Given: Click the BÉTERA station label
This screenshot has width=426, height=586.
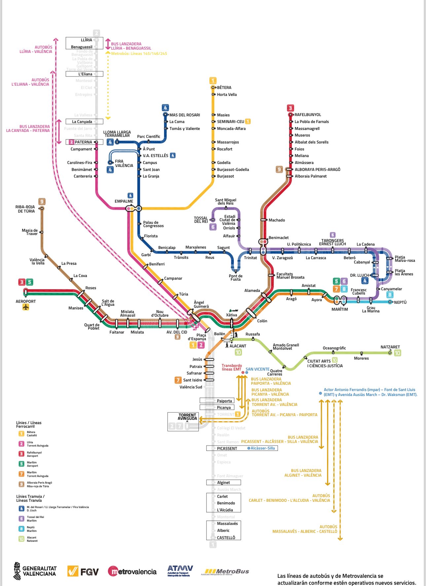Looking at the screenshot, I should [224, 88].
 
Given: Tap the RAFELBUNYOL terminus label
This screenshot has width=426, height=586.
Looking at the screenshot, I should [308, 115].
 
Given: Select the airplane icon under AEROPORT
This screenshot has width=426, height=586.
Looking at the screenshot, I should [26, 307].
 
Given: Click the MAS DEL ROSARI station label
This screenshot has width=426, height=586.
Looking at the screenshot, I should [185, 115].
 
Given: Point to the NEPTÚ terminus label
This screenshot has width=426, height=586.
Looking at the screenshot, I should [400, 302].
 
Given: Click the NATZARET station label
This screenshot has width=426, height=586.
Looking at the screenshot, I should [390, 347].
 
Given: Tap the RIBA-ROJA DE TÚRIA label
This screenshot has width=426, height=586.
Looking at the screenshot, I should [25, 209].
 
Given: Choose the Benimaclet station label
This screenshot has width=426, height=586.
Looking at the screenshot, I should [278, 238].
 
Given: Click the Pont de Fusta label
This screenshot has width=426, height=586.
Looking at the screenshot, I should [235, 278].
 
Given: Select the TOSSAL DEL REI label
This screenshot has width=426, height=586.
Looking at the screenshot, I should [201, 220].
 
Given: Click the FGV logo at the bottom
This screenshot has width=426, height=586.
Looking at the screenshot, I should [83, 571].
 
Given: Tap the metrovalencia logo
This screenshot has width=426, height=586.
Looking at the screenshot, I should [132, 571].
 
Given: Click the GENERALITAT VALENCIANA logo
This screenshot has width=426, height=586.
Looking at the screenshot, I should [35, 571].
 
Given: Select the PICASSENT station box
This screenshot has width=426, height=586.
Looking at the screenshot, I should [227, 449].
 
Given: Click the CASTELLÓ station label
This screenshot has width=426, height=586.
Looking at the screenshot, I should [226, 538].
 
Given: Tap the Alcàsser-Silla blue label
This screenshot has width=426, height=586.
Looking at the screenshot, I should [263, 448].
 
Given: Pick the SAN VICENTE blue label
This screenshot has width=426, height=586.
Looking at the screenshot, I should [257, 369].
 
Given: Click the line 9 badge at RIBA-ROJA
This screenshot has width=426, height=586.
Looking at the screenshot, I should [42, 201].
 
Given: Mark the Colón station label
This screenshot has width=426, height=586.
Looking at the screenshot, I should [262, 321].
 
